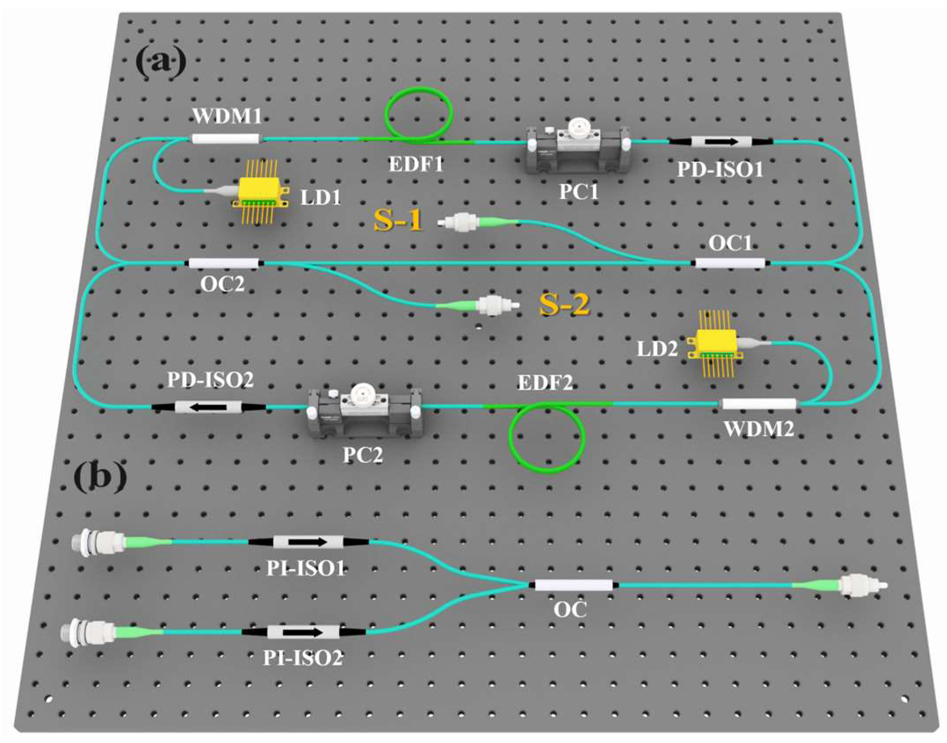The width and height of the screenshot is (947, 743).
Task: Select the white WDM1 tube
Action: pos(226,139)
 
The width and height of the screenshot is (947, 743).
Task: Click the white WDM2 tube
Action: pos(759,403)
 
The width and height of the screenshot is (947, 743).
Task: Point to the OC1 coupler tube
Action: pos(730,263)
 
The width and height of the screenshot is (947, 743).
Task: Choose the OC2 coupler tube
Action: pos(224,263)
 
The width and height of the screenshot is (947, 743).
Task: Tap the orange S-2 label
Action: pos(564,304)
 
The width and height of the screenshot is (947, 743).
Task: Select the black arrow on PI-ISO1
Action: pos(307,542)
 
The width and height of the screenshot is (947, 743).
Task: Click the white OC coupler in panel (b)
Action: pos(573,585)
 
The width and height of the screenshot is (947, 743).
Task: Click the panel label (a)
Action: pos(161,62)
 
